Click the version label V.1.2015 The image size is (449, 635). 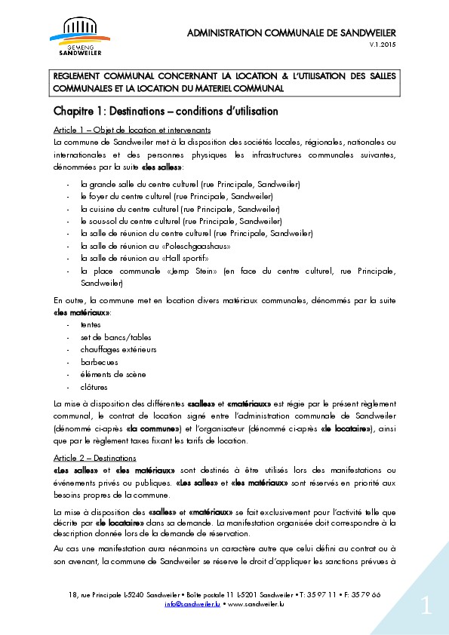382,46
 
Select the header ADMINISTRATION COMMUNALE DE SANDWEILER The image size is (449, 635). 291,32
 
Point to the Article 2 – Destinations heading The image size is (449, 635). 94,458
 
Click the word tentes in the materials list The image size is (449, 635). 91,325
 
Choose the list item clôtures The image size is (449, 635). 94,387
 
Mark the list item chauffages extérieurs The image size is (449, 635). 118,350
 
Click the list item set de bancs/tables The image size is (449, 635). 115,337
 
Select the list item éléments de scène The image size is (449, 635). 113,375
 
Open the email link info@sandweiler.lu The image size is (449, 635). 192,604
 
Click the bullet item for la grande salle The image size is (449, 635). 190,185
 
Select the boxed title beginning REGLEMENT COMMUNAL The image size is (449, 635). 224,83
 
